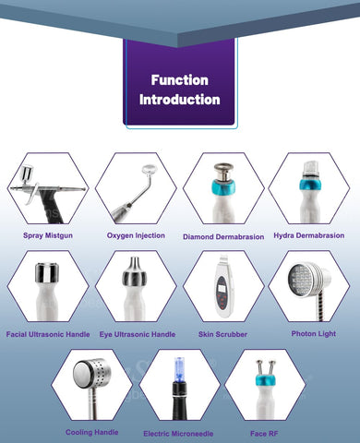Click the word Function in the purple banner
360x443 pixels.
pyautogui.click(x=180, y=80)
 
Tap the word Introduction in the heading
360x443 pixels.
pyautogui.click(x=180, y=100)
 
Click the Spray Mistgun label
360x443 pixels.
pyautogui.click(x=48, y=235)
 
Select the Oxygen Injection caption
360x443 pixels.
pyautogui.click(x=136, y=235)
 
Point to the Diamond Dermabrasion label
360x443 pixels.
pyautogui.click(x=223, y=237)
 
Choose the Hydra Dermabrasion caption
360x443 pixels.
pyautogui.click(x=309, y=235)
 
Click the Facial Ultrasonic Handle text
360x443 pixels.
pyautogui.click(x=48, y=334)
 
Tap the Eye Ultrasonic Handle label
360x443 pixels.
pyautogui.click(x=138, y=334)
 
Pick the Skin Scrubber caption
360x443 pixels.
pyautogui.click(x=222, y=334)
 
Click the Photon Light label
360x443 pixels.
pyautogui.click(x=314, y=334)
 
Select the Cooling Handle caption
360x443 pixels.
pyautogui.click(x=92, y=432)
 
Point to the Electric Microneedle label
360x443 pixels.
pyautogui.click(x=178, y=434)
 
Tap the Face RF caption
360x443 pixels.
pyautogui.click(x=264, y=434)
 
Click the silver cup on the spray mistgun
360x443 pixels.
pyautogui.click(x=26, y=174)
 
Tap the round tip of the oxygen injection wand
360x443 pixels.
pyautogui.click(x=150, y=169)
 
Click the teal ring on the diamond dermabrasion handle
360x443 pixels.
pyautogui.click(x=223, y=187)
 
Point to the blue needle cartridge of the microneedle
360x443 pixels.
pyautogui.click(x=179, y=370)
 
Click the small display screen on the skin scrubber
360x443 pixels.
pyautogui.click(x=222, y=289)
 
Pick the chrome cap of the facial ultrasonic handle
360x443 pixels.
pyautogui.click(x=47, y=272)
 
